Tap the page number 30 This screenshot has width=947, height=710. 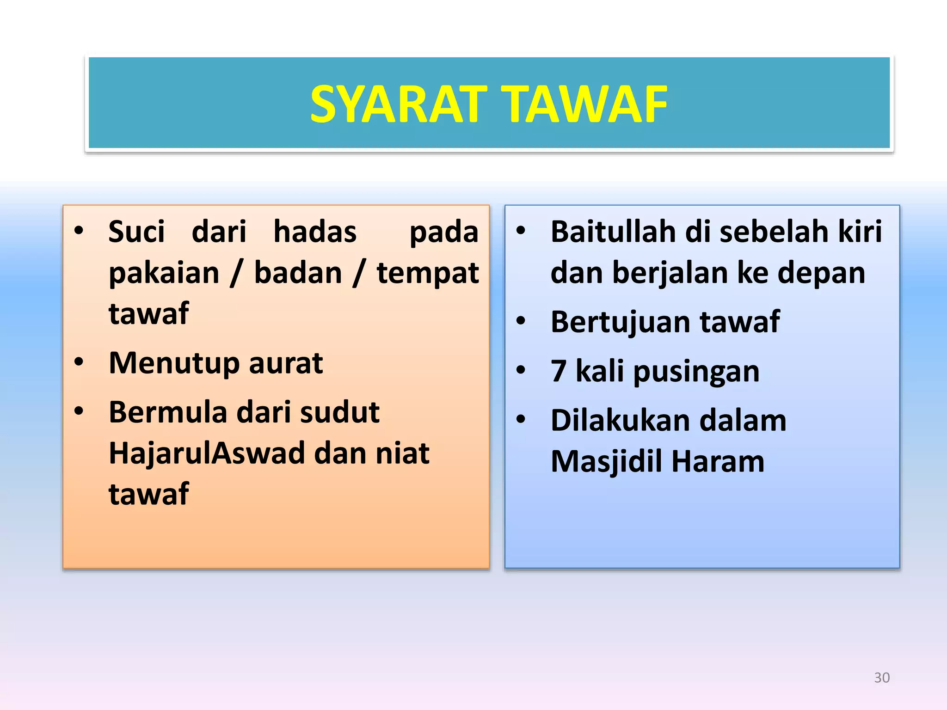[882, 678]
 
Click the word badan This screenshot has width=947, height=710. [298, 273]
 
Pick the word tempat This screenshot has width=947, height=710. [428, 274]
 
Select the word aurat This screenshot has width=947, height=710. [285, 363]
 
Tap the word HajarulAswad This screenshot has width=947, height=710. [206, 453]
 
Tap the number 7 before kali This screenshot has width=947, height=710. [558, 371]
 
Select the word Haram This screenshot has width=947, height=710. [718, 461]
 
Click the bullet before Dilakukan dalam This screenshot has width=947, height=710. [521, 419]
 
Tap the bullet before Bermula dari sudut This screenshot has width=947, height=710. [79, 410]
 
